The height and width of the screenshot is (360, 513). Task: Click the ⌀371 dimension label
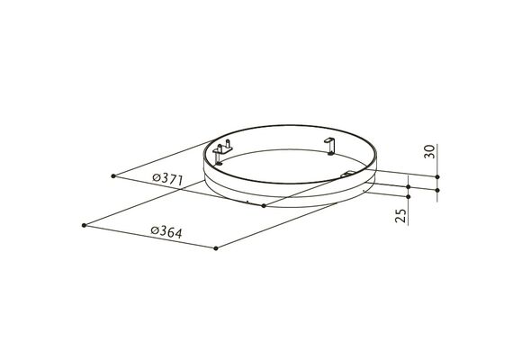pyautogui.click(x=167, y=179)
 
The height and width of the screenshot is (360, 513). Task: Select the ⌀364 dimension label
pyautogui.click(x=166, y=232)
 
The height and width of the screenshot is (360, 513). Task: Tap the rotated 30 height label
pyautogui.click(x=429, y=151)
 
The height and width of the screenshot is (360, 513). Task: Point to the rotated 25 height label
pyautogui.click(x=401, y=215)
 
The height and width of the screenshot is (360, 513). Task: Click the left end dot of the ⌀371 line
pyautogui.click(x=113, y=176)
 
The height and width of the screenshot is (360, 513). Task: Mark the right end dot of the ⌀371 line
pyautogui.click(x=264, y=206)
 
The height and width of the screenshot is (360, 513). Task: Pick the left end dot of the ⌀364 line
pyautogui.click(x=84, y=225)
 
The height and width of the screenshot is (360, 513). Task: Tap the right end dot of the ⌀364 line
pyautogui.click(x=216, y=248)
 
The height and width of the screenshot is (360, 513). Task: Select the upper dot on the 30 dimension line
pyautogui.click(x=437, y=176)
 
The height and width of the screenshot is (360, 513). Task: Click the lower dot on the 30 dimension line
pyautogui.click(x=437, y=190)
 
